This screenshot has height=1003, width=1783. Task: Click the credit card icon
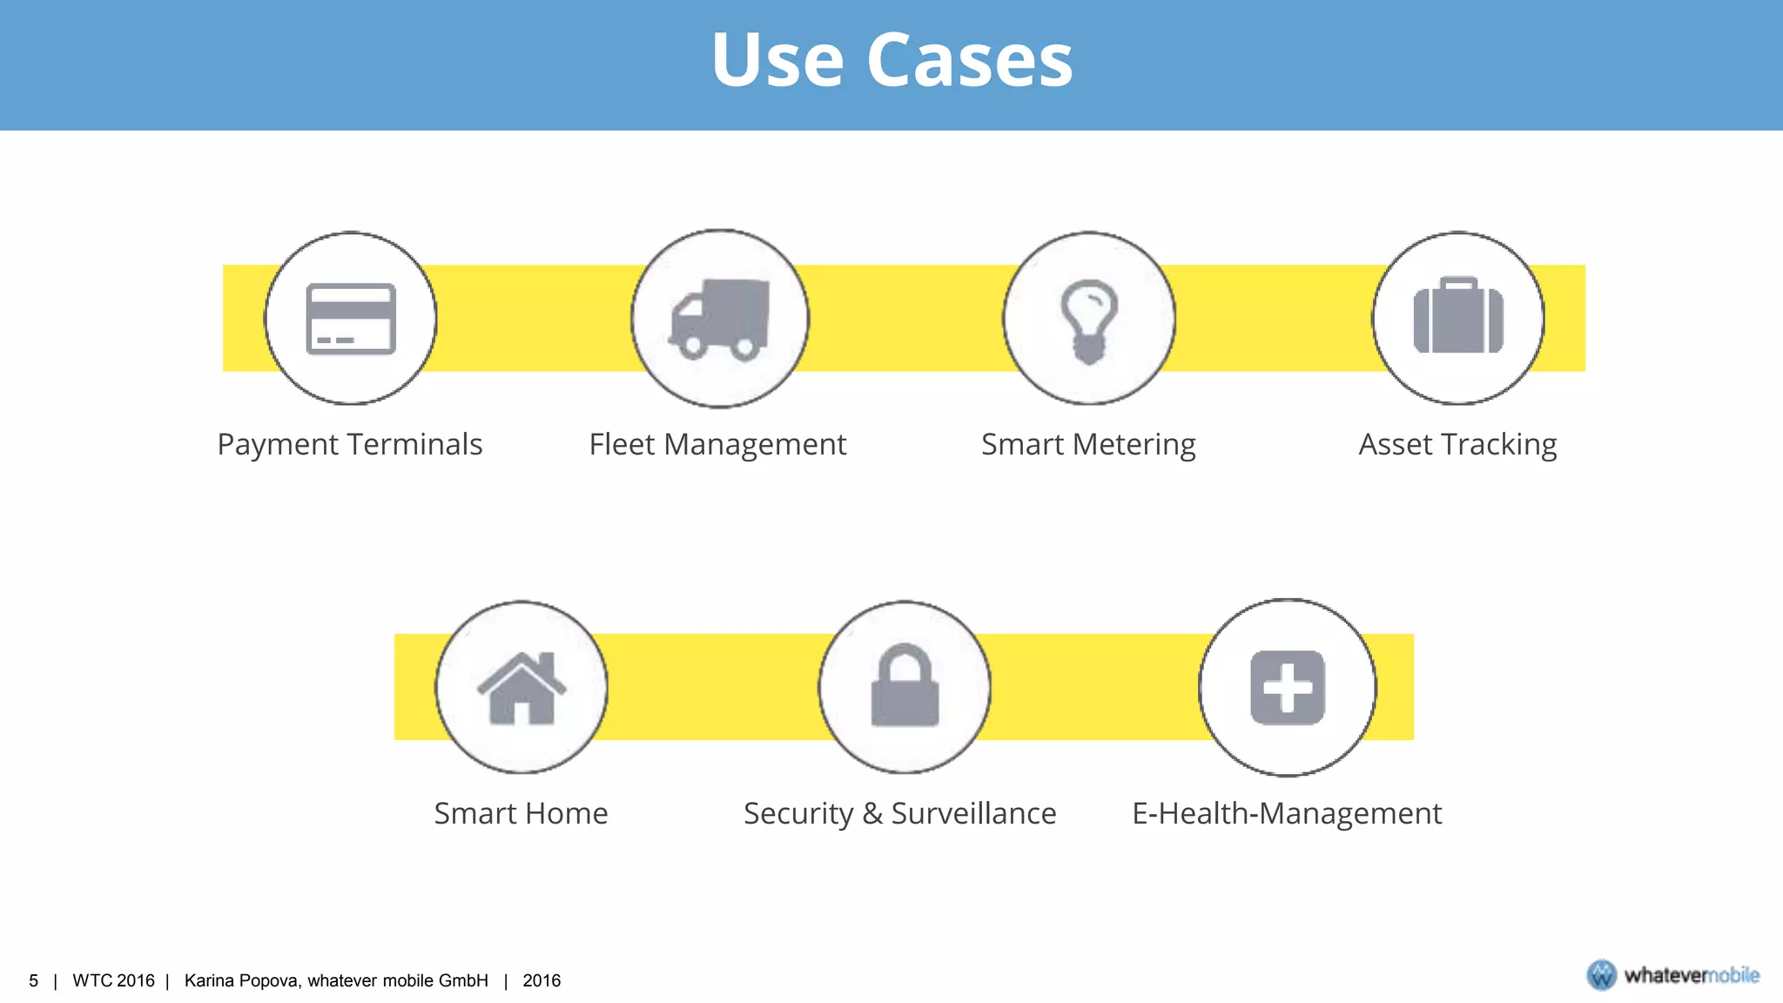(x=351, y=319)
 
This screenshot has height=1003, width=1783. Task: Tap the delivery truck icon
(x=720, y=319)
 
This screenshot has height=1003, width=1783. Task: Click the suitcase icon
(x=1458, y=317)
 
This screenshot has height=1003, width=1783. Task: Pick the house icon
(x=521, y=688)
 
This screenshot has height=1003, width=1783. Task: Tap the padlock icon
(x=905, y=686)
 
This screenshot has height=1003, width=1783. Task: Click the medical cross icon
(x=1288, y=687)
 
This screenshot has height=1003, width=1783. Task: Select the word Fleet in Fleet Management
(x=622, y=444)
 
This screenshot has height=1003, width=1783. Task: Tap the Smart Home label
(x=521, y=813)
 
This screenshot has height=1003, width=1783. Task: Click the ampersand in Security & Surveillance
(x=872, y=813)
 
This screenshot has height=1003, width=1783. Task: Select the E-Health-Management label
(x=1287, y=813)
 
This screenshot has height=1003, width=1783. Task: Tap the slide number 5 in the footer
(x=34, y=980)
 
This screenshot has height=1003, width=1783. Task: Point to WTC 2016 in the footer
(x=113, y=980)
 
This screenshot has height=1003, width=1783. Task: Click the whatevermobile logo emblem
(x=1601, y=975)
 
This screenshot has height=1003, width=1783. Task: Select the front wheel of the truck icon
(x=693, y=347)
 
